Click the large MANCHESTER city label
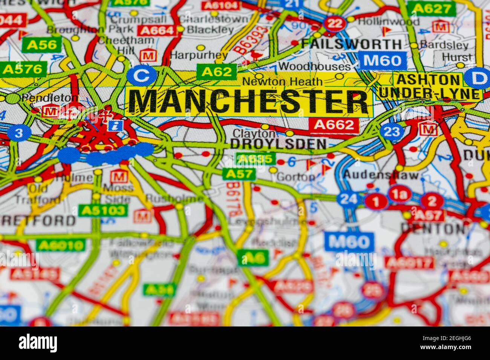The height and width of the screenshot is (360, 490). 249,101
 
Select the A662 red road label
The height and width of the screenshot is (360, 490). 334,125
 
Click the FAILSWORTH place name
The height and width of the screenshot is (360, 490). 351,44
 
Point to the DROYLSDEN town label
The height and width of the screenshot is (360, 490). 278,143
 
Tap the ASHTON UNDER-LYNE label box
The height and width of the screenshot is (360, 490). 430,86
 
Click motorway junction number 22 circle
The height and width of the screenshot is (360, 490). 335,24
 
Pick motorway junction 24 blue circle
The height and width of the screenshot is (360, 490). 348,199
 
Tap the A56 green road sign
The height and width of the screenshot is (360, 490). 42,45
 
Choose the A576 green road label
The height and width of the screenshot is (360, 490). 23,69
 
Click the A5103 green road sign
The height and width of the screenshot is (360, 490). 103,210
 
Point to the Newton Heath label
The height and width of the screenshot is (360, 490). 282,81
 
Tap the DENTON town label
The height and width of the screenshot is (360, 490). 433,227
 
